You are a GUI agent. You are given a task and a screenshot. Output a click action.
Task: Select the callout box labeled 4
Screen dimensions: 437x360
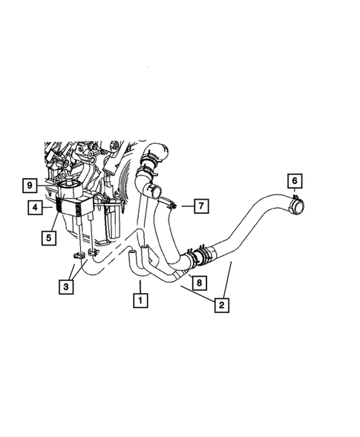tap(36, 208)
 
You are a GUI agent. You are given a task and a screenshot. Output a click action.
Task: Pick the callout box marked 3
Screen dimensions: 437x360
tap(66, 286)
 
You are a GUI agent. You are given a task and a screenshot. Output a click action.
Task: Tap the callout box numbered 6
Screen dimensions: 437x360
tap(294, 180)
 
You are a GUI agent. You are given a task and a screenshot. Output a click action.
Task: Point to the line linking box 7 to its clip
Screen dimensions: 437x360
tap(185, 206)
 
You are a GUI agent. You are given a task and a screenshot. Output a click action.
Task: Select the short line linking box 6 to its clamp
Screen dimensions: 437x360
tap(294, 191)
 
